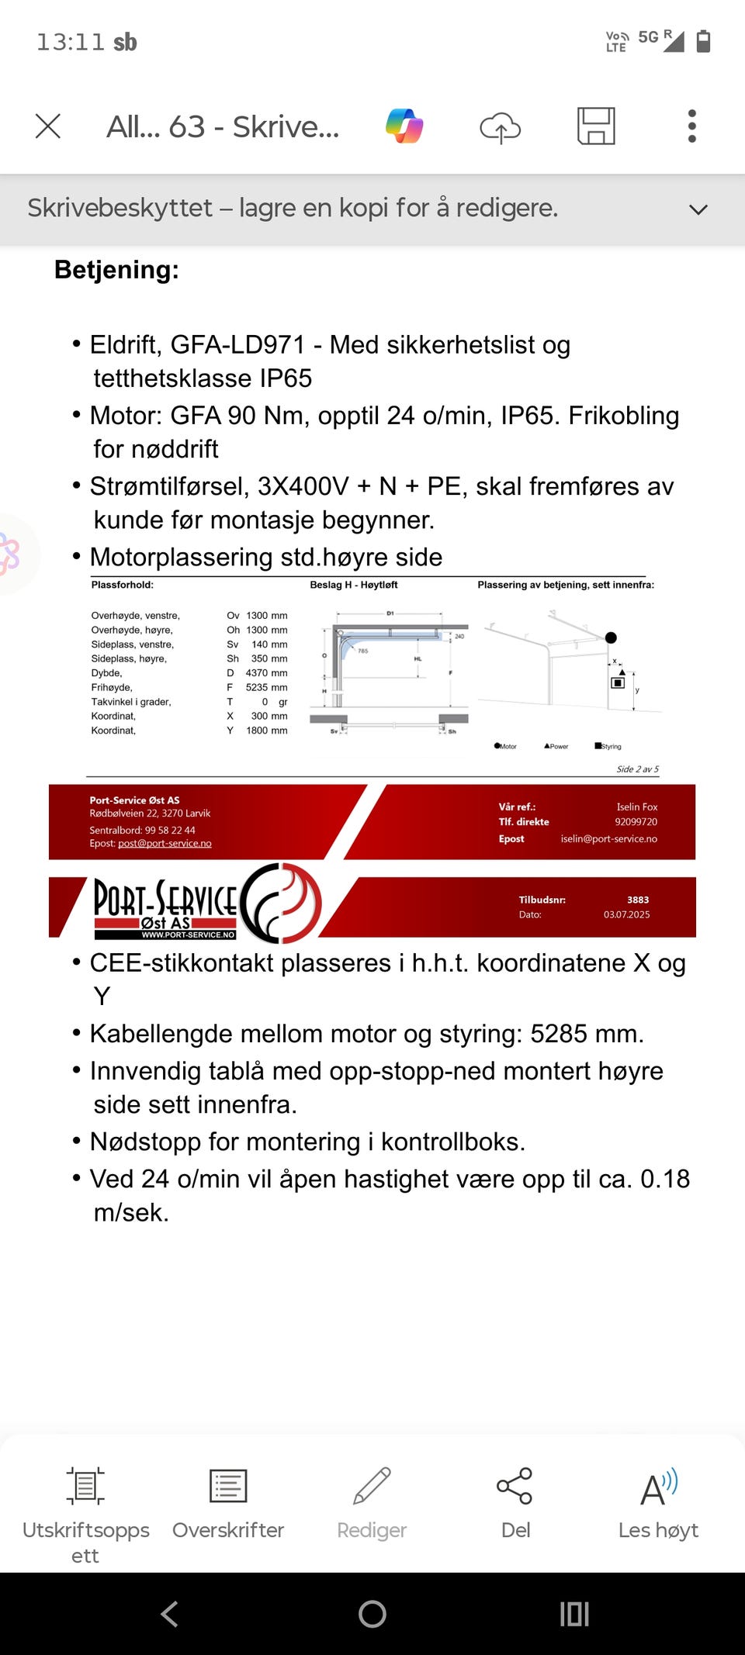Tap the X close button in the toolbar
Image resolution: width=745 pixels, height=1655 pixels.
tap(48, 126)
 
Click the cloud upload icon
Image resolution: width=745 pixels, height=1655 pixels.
tap(500, 127)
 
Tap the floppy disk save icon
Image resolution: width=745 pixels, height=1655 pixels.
tap(596, 126)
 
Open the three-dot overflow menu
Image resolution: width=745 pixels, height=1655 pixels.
tap(691, 126)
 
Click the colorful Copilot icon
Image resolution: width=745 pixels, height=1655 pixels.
tap(404, 126)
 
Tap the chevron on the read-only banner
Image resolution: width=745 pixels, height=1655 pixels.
tap(698, 209)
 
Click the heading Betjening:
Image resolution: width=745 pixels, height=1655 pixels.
tap(116, 270)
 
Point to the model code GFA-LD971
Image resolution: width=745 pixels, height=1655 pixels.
tap(237, 344)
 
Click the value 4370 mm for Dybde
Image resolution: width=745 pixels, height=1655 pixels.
tap(266, 673)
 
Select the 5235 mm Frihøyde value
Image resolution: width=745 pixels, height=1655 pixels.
tap(266, 688)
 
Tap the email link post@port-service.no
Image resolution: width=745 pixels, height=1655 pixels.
tap(165, 844)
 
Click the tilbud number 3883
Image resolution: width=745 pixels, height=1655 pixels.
tap(638, 900)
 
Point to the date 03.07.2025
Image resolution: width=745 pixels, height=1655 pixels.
tap(627, 915)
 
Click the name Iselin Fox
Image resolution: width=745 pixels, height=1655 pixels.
tap(637, 807)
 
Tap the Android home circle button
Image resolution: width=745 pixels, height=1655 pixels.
tap(372, 1614)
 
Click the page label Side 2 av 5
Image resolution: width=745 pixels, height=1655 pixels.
tap(637, 769)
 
